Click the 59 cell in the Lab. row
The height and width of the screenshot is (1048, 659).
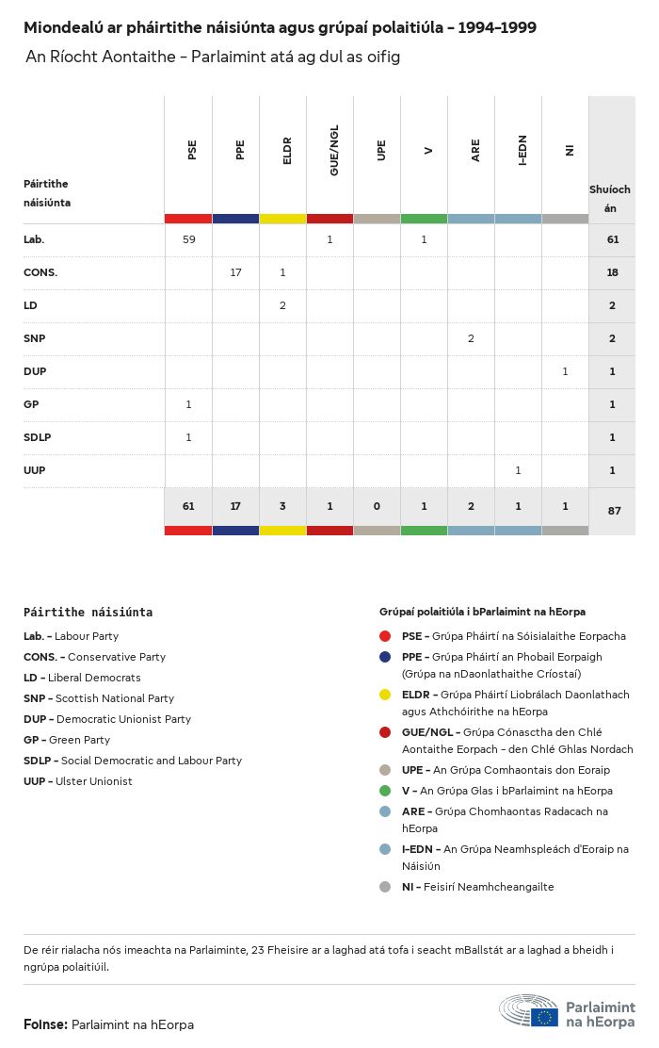tap(188, 239)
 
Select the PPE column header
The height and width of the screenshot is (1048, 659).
tap(240, 150)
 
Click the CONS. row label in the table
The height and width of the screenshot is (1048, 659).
tap(40, 272)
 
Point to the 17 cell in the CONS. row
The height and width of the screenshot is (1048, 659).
tap(235, 272)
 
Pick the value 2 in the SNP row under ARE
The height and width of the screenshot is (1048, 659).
tap(471, 338)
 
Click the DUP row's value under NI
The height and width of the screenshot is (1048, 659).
tap(565, 371)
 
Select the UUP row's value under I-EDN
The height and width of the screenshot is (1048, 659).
tap(518, 470)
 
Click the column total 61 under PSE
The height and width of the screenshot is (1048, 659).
tap(188, 506)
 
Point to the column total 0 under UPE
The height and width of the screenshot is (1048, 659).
tap(377, 506)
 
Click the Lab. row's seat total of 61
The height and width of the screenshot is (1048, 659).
tap(612, 239)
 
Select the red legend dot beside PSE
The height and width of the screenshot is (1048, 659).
tap(385, 636)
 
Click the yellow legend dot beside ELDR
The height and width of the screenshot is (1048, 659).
tap(385, 695)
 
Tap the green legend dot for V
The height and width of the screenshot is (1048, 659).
tap(385, 791)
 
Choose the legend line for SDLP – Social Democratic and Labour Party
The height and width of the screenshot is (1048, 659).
tap(133, 761)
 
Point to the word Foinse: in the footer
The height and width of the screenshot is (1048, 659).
tap(45, 1024)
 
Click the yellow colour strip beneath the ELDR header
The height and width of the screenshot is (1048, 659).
tap(282, 219)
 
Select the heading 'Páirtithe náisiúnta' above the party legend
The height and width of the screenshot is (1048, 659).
tap(88, 612)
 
